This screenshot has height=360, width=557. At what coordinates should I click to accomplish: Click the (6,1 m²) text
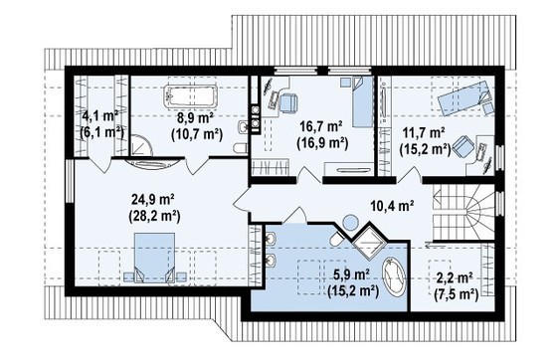point(99,130)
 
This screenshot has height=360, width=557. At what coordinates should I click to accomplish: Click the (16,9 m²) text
point(322,142)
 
